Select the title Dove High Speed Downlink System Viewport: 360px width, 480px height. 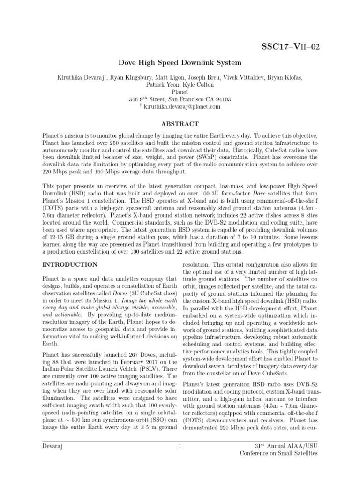[180, 62]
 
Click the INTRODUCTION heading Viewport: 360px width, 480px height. [70, 265]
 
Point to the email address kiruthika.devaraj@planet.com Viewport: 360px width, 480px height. [183, 107]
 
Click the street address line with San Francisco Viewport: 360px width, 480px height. [180, 99]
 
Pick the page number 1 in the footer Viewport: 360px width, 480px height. [180, 446]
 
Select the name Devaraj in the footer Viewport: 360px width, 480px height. [52, 446]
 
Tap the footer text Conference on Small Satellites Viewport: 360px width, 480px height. [278, 453]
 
